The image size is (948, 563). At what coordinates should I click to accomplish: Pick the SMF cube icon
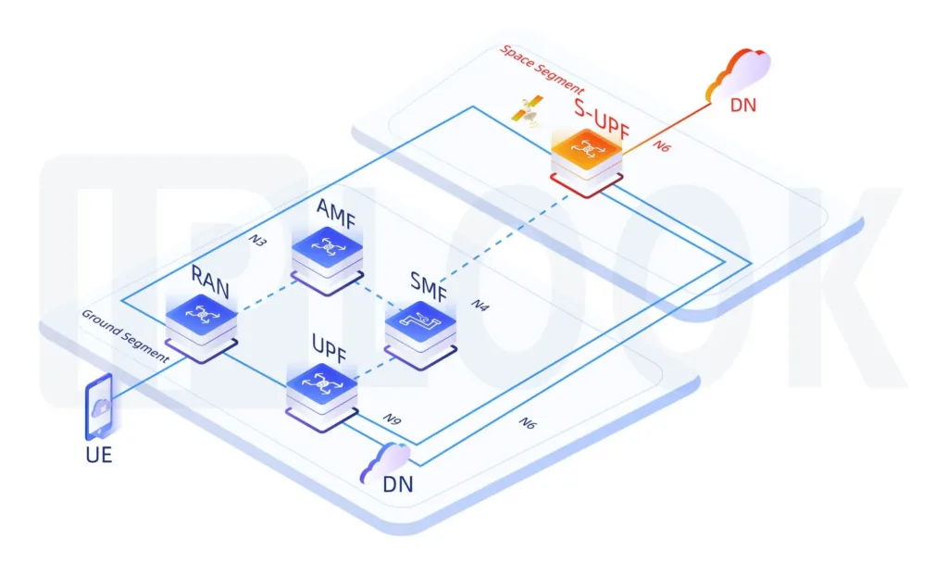421,327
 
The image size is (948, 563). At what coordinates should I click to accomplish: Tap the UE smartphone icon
100,407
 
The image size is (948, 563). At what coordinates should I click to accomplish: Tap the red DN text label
742,105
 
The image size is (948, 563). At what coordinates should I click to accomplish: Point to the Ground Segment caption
125,335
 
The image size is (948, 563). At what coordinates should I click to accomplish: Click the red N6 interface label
662,145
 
